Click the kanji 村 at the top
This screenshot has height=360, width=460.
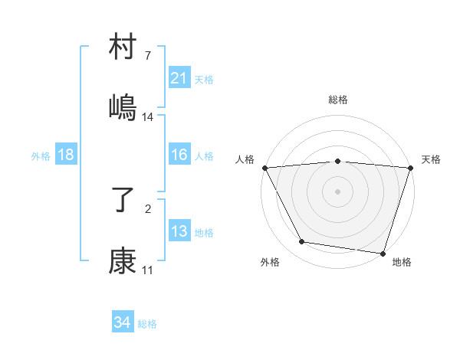pos(123,49)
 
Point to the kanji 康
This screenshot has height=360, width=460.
pos(123,261)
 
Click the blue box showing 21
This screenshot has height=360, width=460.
pos(179,78)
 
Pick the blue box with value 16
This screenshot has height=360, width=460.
pos(179,155)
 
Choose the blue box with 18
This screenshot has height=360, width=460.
pos(66,155)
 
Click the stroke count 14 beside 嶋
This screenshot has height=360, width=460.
pos(148,116)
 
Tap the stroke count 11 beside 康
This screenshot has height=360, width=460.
pos(148,270)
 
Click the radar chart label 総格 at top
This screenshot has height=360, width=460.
pos(338,100)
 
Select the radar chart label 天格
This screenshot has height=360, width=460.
pos(431,159)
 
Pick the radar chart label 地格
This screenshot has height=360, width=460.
pos(402,262)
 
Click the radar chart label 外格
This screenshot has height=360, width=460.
pos(270,262)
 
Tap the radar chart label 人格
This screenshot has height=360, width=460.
pos(244,159)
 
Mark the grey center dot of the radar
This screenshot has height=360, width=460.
pos(338,191)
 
